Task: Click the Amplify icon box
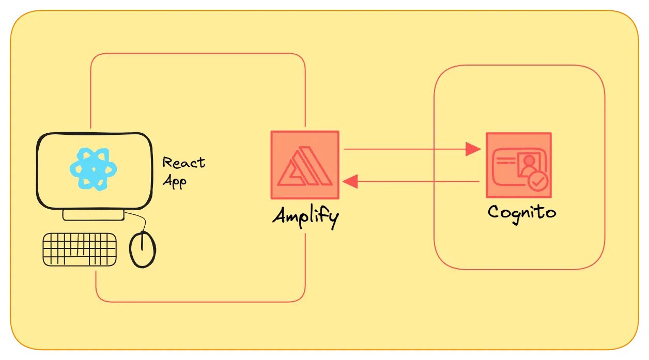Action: click(x=305, y=165)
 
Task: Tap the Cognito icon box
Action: click(x=518, y=165)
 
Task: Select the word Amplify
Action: click(x=305, y=216)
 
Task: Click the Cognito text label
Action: click(x=522, y=212)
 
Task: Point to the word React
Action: click(x=183, y=163)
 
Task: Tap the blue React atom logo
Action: click(x=94, y=168)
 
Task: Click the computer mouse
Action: click(x=142, y=249)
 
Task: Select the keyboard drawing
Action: click(x=80, y=249)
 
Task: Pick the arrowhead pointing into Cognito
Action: click(x=473, y=149)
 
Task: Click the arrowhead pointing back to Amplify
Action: click(x=350, y=181)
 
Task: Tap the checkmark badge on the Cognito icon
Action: click(x=538, y=182)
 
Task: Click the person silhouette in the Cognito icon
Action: click(x=528, y=164)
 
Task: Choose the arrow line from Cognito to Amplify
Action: click(x=419, y=181)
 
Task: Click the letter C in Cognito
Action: click(x=494, y=212)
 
